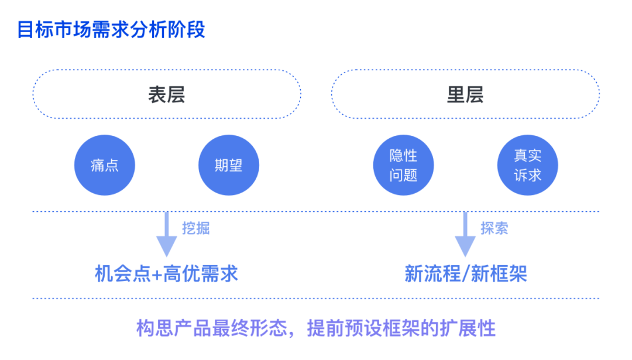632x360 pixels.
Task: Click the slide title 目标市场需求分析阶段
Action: [111, 30]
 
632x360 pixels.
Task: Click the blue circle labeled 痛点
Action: [105, 165]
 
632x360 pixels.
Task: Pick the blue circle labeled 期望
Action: [229, 165]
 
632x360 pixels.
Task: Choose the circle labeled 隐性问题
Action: [403, 165]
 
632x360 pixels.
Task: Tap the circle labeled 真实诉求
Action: [528, 165]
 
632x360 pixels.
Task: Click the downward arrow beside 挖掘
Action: [166, 234]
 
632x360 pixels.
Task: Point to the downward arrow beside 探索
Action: [465, 234]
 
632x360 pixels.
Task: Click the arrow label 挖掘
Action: [196, 228]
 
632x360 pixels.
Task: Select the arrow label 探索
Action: [494, 228]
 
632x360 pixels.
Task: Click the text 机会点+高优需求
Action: [166, 274]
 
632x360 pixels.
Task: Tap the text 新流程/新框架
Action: [466, 274]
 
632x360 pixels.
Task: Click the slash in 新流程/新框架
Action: [466, 274]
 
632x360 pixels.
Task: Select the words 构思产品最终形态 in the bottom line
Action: [212, 328]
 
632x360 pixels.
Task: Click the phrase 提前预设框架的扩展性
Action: [401, 328]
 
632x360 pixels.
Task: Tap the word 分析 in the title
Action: [149, 30]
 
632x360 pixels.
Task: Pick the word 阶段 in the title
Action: [187, 30]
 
